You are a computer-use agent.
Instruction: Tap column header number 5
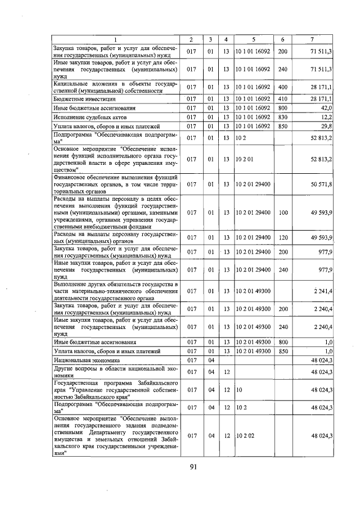(254, 39)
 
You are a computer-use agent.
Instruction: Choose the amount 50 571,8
(322, 183)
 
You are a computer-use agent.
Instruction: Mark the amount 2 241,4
(323, 291)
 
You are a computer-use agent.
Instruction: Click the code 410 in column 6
(282, 98)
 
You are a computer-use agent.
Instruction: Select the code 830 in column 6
(282, 116)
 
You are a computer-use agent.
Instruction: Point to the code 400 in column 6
(282, 87)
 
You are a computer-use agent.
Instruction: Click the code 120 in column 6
(282, 237)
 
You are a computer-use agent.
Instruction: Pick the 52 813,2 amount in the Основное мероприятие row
(322, 159)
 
